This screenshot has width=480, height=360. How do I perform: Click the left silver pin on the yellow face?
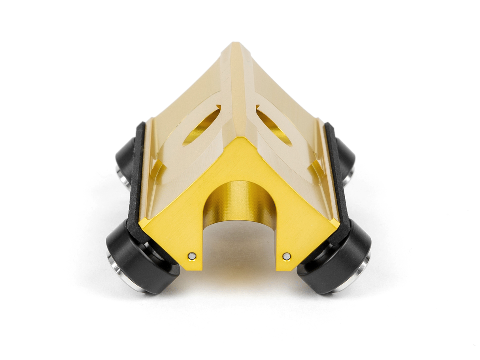coord(192,256)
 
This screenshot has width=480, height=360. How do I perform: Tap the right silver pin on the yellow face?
coord(287,256)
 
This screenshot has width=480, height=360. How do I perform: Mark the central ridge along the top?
coord(236,87)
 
